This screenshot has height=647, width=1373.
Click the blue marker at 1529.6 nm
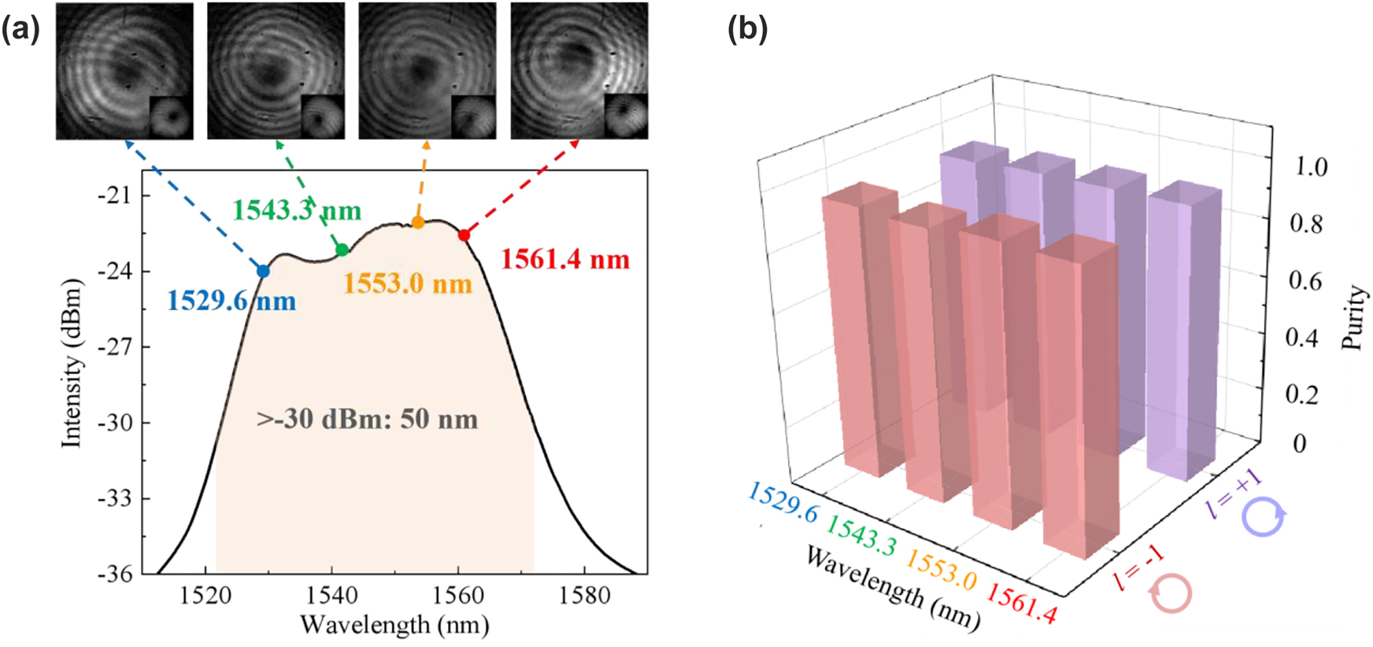pyautogui.click(x=263, y=271)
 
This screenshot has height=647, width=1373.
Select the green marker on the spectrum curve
pyautogui.click(x=342, y=250)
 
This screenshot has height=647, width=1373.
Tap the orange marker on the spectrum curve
pyautogui.click(x=418, y=223)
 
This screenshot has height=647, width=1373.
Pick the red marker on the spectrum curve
pyautogui.click(x=464, y=235)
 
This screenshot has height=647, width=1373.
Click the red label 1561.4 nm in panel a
pyautogui.click(x=565, y=260)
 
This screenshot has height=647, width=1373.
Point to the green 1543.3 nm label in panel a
pyautogui.click(x=297, y=210)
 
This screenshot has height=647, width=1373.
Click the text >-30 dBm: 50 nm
pyautogui.click(x=367, y=419)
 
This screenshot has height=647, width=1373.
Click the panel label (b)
pyautogui.click(x=747, y=30)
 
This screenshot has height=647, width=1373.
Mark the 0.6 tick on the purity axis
pyautogui.click(x=1304, y=281)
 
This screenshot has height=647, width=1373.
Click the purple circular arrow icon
pyautogui.click(x=1264, y=517)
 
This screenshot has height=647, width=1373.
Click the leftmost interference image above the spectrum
pyautogui.click(x=124, y=71)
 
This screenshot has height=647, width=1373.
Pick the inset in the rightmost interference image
pyautogui.click(x=625, y=116)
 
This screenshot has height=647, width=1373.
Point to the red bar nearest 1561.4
pyautogui.click(x=1076, y=394)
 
